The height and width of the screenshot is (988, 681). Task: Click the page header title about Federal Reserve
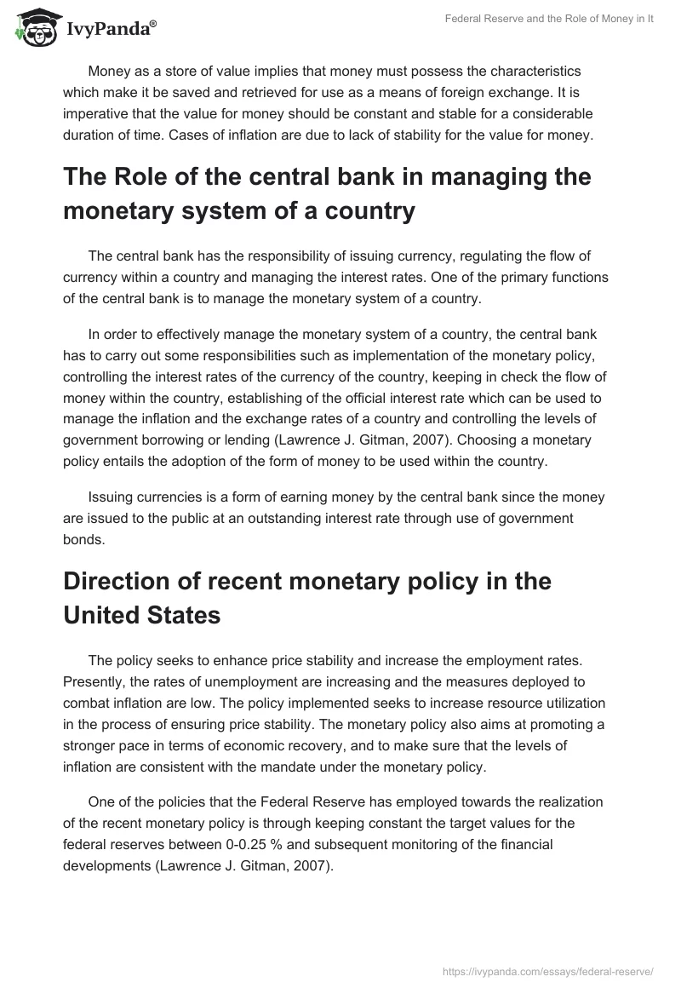pyautogui.click(x=549, y=20)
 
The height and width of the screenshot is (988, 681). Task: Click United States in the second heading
pyautogui.click(x=142, y=615)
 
